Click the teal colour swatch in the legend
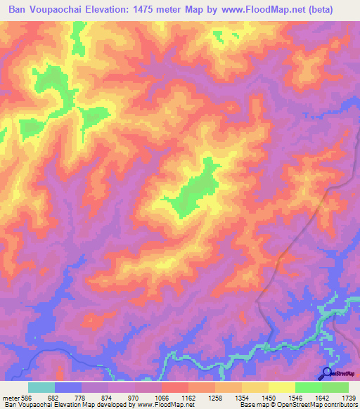coord(41,387)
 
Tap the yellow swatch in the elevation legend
coord(282,387)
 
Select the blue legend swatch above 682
coord(68,387)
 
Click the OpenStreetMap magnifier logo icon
coord(327,372)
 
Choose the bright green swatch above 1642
coord(309,387)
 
